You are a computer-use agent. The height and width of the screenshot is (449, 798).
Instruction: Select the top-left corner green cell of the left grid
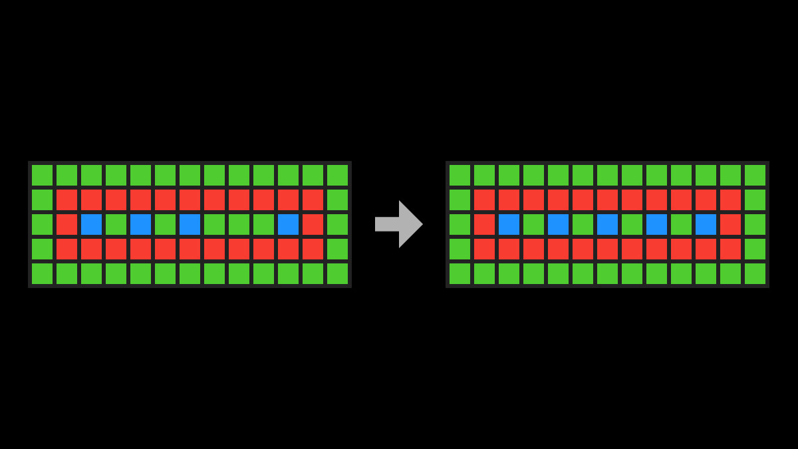(42, 175)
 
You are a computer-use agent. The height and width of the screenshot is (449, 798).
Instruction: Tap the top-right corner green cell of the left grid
(337, 175)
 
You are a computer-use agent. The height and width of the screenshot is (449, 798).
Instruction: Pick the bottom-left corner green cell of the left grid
(42, 273)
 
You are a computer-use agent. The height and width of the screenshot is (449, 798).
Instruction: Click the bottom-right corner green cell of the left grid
(337, 273)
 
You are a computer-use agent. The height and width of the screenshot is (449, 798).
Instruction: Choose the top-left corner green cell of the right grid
(460, 175)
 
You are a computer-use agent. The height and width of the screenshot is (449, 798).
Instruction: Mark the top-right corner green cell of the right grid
(755, 175)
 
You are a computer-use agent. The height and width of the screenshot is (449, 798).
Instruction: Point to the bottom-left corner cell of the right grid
(460, 273)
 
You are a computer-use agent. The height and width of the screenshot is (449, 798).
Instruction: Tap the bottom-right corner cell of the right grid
(755, 273)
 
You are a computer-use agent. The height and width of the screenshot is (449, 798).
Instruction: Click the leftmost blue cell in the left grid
(91, 224)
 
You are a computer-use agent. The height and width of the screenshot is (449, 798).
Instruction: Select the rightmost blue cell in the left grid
(288, 224)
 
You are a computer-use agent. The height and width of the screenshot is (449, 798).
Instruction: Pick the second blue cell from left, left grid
(140, 224)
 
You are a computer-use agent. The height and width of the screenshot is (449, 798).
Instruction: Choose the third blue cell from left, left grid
(190, 224)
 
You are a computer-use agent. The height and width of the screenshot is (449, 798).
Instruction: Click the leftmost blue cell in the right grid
(509, 224)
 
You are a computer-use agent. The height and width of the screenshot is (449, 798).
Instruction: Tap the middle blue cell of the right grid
(607, 224)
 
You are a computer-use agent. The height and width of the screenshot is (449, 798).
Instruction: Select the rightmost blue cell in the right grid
(706, 224)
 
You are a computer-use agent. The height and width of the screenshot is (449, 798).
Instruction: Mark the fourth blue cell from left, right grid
(656, 224)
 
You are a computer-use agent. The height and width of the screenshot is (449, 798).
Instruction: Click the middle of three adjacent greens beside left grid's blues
(239, 224)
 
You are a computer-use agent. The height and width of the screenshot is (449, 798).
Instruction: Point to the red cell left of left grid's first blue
(66, 224)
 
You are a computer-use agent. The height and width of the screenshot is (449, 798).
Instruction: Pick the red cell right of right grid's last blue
(730, 224)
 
